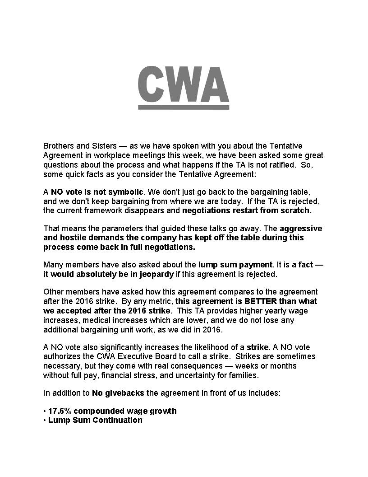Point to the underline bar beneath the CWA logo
click(x=183, y=107)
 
